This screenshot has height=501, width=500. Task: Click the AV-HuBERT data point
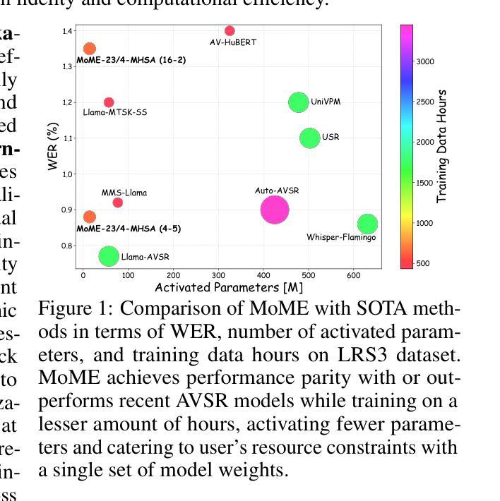(x=230, y=31)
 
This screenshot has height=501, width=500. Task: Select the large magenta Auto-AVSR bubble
(x=275, y=209)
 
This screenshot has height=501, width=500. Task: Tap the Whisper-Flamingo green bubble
(x=367, y=224)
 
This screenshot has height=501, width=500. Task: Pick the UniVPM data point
(x=299, y=102)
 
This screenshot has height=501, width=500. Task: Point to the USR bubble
(x=310, y=138)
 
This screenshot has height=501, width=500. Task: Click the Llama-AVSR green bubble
(x=108, y=256)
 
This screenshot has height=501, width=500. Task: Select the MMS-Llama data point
(x=118, y=203)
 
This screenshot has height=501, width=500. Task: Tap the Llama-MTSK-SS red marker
(x=109, y=102)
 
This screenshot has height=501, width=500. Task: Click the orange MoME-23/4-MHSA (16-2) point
(x=90, y=49)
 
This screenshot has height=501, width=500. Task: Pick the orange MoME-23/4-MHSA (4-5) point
(x=90, y=217)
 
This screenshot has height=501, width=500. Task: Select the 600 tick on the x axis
(x=354, y=276)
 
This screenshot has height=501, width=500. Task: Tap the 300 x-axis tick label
(x=218, y=276)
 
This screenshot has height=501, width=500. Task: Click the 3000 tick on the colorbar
(x=425, y=61)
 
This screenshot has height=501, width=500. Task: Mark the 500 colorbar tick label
(x=423, y=264)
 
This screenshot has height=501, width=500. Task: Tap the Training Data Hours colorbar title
(x=443, y=146)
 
